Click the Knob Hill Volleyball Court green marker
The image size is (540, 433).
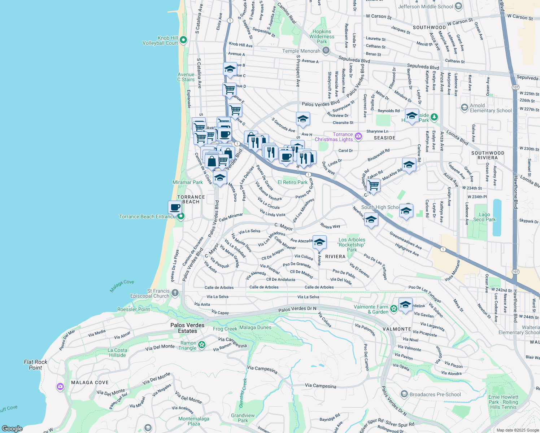183,40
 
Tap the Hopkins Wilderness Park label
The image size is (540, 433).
322,36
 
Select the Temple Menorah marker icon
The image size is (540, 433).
326,51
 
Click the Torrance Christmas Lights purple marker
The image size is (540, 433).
358,136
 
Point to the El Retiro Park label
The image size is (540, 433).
292,182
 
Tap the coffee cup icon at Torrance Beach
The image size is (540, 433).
175,207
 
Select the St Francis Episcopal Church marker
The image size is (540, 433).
175,293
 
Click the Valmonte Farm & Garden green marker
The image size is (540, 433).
393,309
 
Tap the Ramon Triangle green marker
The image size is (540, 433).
202,345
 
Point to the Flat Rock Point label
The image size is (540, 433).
35,364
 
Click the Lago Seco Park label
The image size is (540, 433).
484,217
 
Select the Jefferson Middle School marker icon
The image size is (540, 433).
458,6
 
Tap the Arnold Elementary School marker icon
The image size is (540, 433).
465,108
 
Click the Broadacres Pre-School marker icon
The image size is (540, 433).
404,394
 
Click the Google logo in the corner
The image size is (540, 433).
12,428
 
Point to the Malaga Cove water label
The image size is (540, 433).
122,286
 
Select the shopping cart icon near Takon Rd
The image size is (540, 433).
373,185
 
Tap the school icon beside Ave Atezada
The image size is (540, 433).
319,242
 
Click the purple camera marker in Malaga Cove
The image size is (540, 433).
60,387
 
